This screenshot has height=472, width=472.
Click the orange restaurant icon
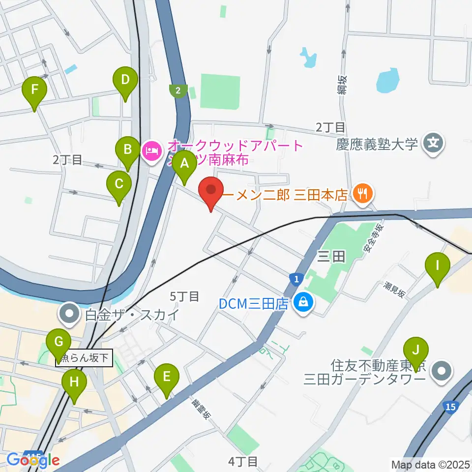point(362,194)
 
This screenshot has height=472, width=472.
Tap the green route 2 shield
point(177,90)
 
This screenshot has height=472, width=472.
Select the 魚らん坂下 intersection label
point(84,356)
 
